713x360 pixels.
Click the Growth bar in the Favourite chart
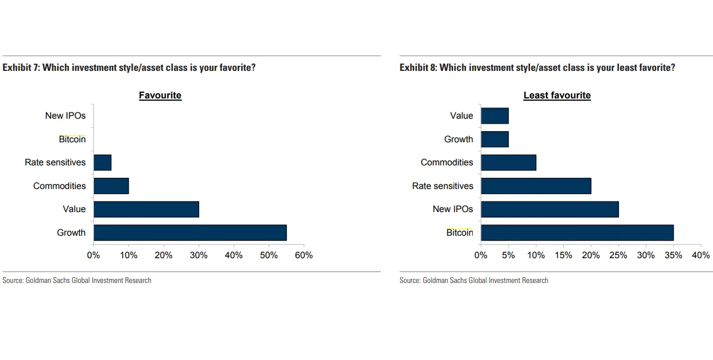pyautogui.click(x=190, y=232)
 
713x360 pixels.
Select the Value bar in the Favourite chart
pyautogui.click(x=146, y=209)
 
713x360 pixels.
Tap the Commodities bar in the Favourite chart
pyautogui.click(x=111, y=186)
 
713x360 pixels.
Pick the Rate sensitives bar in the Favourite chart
pyautogui.click(x=102, y=163)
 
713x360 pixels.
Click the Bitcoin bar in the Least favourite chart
pyautogui.click(x=577, y=232)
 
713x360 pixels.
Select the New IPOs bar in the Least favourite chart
pyautogui.click(x=549, y=209)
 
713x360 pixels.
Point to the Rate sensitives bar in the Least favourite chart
pyautogui.click(x=536, y=186)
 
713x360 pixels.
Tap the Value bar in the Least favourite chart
pyautogui.click(x=495, y=116)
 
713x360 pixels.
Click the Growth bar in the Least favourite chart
pyautogui.click(x=495, y=139)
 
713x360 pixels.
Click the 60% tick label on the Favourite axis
pyautogui.click(x=304, y=255)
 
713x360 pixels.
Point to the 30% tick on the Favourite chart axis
pyautogui.click(x=199, y=255)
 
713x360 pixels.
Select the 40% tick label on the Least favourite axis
pyautogui.click(x=701, y=255)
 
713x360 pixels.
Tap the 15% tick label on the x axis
pyautogui.click(x=563, y=255)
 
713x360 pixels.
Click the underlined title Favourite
pyautogui.click(x=160, y=96)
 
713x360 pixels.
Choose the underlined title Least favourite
pyautogui.click(x=557, y=96)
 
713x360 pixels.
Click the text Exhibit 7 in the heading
pyautogui.click(x=20, y=67)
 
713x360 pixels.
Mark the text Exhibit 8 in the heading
pyautogui.click(x=418, y=67)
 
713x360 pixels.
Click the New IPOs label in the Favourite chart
pyautogui.click(x=65, y=116)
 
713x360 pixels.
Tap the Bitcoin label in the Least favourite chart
pyautogui.click(x=460, y=232)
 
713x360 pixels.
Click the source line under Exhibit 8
pyautogui.click(x=473, y=280)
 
